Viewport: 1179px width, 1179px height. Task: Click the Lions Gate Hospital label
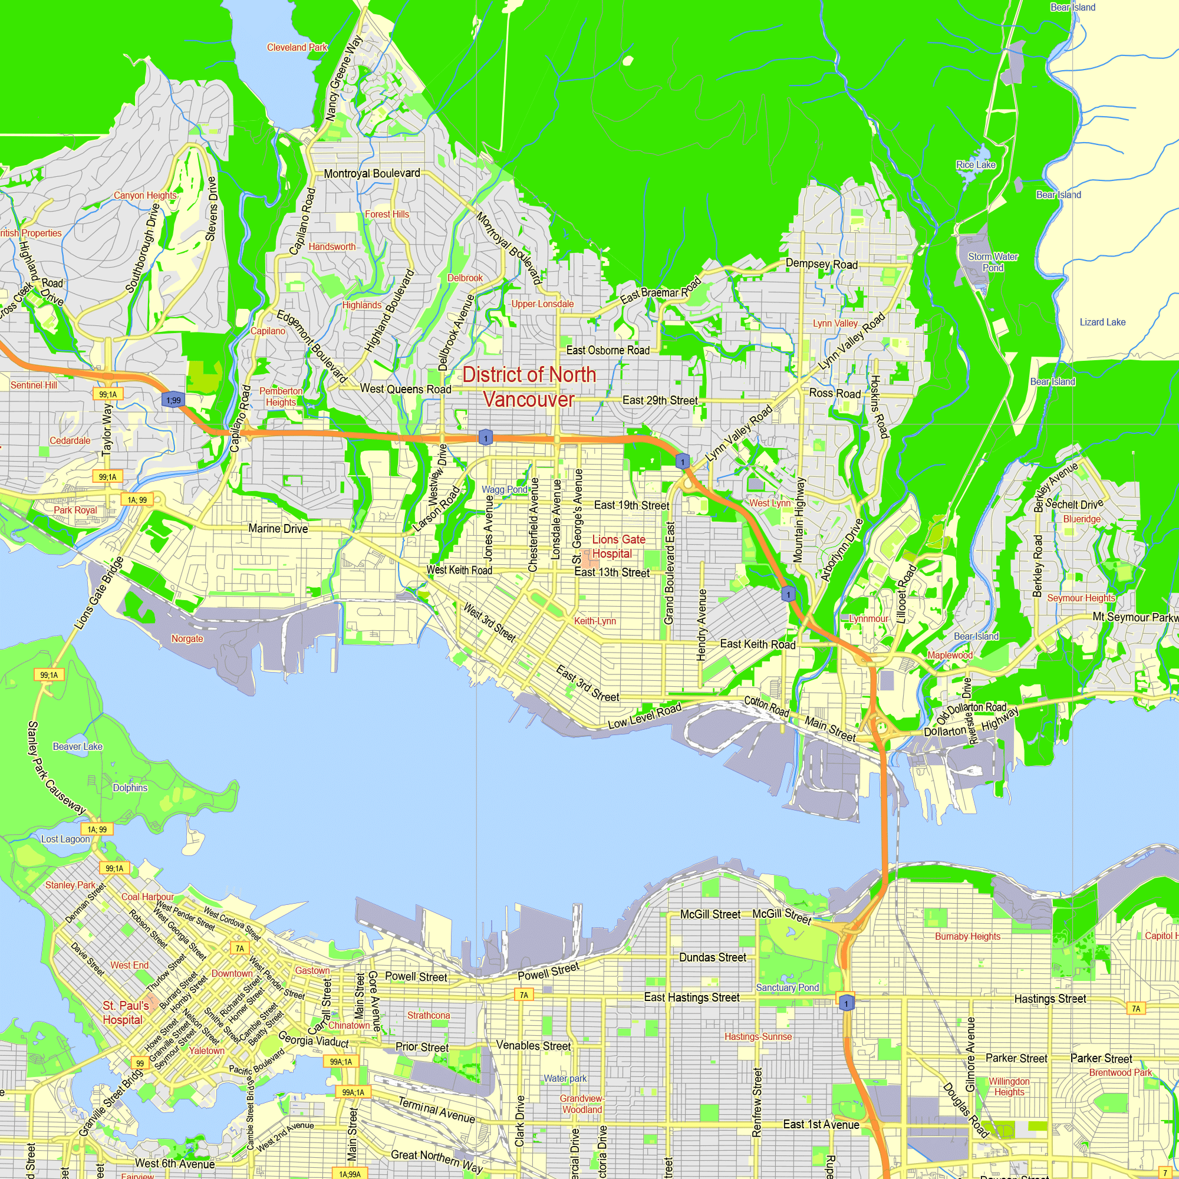[x=618, y=546]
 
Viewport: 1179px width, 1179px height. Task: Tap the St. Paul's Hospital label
[x=125, y=1012]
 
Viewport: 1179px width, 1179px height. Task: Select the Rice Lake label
[x=975, y=165]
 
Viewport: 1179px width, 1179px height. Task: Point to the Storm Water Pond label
[x=992, y=262]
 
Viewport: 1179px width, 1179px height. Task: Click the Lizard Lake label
[x=1102, y=322]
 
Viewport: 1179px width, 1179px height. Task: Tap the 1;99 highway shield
[x=173, y=400]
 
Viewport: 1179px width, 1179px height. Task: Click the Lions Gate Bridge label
[x=99, y=593]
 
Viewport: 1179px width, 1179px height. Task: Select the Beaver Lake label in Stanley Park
[x=77, y=746]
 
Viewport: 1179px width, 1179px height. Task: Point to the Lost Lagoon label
[x=65, y=839]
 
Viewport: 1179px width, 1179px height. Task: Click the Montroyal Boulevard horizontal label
[x=371, y=173]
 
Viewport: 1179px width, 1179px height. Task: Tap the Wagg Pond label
[x=504, y=489]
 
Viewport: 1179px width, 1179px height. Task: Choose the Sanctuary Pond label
[x=787, y=987]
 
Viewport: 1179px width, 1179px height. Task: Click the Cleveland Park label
[x=297, y=47]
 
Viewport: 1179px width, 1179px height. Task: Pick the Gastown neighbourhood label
[x=312, y=970]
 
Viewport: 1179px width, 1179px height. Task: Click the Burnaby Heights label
[x=967, y=936]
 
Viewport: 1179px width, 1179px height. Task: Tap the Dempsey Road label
[x=821, y=264]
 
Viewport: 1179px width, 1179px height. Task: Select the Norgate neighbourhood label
[x=187, y=638]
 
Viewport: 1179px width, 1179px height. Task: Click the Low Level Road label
[x=644, y=716]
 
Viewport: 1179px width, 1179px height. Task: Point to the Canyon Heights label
[x=144, y=195]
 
